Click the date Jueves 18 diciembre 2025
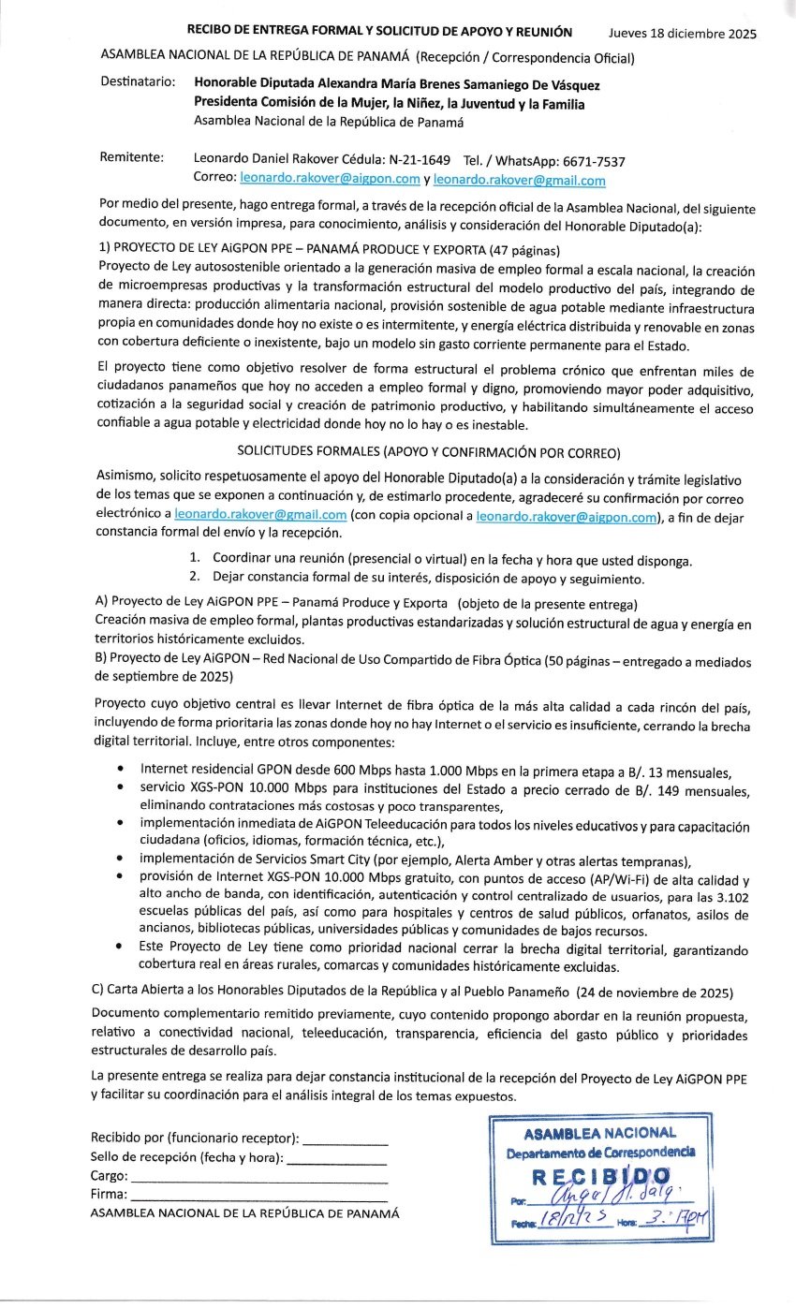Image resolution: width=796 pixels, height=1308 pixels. pos(682,34)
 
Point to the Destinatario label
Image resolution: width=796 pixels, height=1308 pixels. pos(138,82)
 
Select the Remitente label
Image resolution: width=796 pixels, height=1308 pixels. pos(132,158)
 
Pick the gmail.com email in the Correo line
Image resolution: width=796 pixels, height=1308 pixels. pos(519,180)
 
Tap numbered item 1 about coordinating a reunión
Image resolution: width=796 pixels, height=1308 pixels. pos(440,561)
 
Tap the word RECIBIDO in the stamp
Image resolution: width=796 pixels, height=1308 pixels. pos(600,1175)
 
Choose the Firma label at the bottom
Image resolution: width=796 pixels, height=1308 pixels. pos(109,1194)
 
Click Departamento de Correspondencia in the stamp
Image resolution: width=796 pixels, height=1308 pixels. pos(600,1152)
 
